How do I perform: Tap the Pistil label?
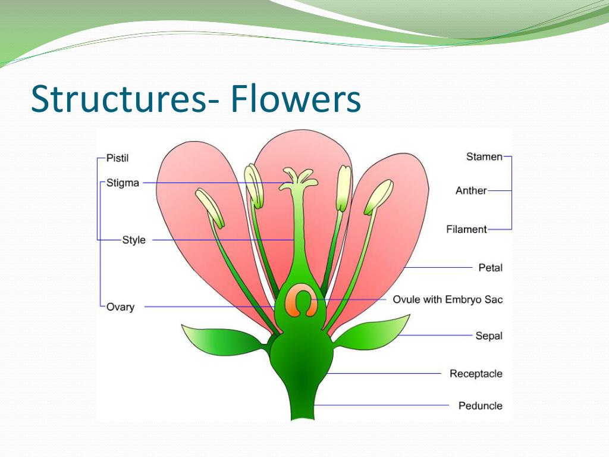[117, 158]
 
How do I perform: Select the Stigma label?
[123, 183]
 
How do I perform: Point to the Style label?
[134, 240]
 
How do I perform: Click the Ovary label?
[120, 307]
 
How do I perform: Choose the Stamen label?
[484, 157]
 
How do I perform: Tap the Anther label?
[471, 191]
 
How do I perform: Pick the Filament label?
[466, 229]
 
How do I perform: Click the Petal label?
[490, 268]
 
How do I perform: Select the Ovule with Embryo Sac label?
[447, 299]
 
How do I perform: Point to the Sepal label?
[489, 336]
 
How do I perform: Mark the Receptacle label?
[476, 374]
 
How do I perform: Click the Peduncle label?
[480, 406]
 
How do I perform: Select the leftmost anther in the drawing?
[211, 208]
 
